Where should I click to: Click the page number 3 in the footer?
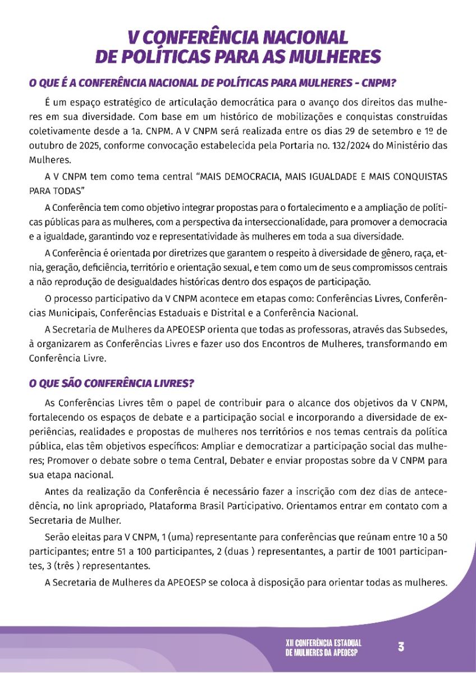pyautogui.click(x=401, y=646)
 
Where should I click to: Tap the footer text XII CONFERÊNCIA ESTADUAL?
pyautogui.click(x=323, y=642)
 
